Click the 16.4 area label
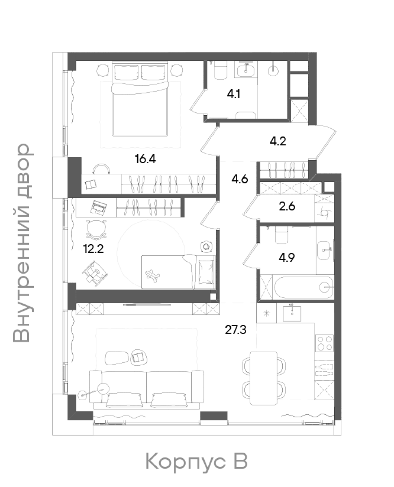click(x=145, y=159)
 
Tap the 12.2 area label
click(x=93, y=248)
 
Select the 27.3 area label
click(x=236, y=330)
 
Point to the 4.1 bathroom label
click(x=234, y=94)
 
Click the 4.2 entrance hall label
click(x=278, y=141)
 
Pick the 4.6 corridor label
click(x=240, y=179)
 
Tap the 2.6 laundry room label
click(x=287, y=207)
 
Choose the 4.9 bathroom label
click(x=287, y=257)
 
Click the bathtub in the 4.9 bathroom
click(x=303, y=287)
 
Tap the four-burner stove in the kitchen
click(x=325, y=343)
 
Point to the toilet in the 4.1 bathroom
click(x=221, y=69)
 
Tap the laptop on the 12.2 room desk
click(x=98, y=207)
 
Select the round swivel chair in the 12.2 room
click(x=96, y=229)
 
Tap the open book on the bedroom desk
click(x=91, y=184)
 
